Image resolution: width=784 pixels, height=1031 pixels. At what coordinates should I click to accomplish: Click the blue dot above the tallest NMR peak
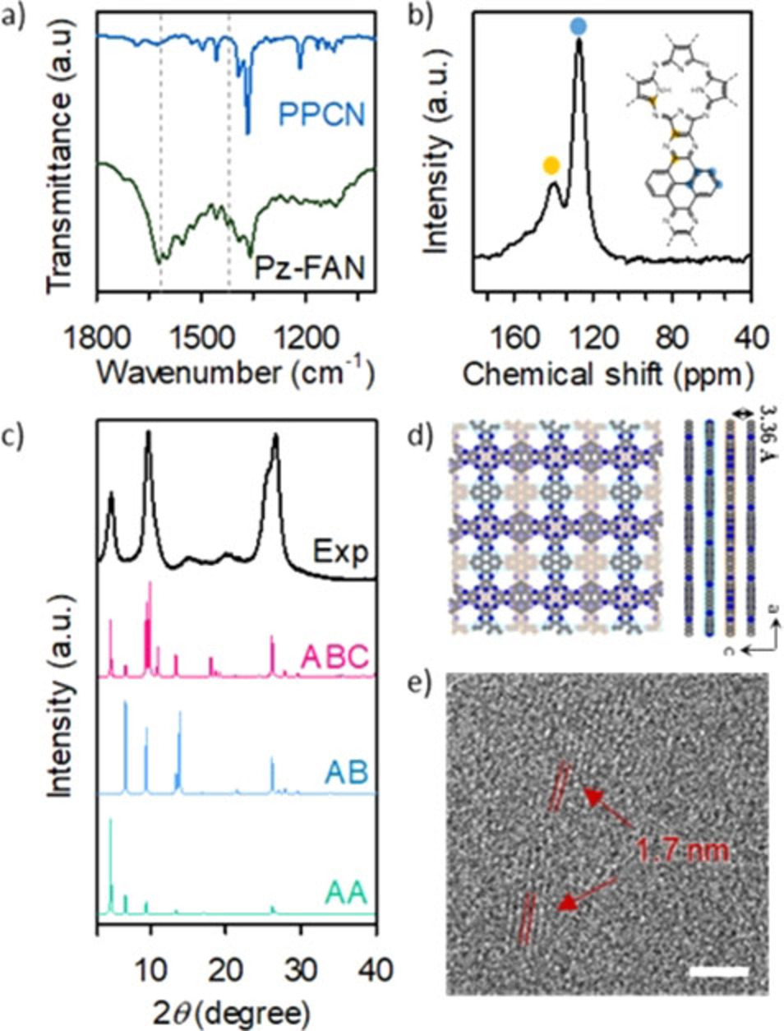(579, 27)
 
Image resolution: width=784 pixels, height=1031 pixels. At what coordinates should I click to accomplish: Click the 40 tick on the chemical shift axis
(749, 336)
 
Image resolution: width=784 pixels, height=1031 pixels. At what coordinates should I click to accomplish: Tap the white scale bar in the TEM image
(719, 972)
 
